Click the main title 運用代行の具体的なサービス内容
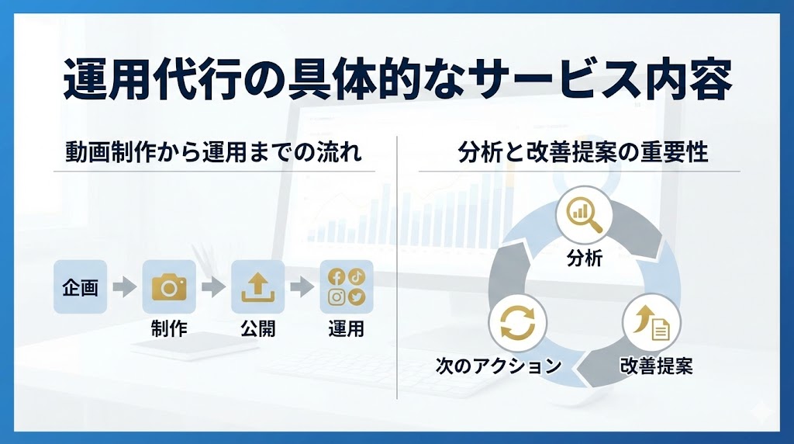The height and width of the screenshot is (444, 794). (x=398, y=80)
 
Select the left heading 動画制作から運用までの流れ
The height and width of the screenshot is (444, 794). (x=214, y=152)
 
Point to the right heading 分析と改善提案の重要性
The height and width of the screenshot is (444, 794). (x=582, y=152)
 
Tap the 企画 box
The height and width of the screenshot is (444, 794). (x=80, y=287)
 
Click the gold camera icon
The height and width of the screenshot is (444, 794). (x=169, y=286)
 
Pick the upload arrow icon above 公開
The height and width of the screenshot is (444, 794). (x=257, y=287)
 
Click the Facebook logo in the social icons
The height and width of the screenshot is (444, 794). (x=337, y=277)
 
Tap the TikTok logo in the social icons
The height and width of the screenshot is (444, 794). (x=357, y=276)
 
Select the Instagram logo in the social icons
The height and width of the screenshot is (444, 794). (x=337, y=297)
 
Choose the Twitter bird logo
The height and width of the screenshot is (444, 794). (x=357, y=297)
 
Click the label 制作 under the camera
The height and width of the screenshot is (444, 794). (x=169, y=329)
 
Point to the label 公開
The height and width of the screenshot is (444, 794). (x=257, y=329)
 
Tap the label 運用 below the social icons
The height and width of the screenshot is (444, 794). (x=347, y=329)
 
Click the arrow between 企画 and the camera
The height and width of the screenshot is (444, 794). (x=125, y=287)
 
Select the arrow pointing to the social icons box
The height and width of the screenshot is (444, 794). (x=302, y=287)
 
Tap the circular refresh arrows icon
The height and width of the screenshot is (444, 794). (x=517, y=323)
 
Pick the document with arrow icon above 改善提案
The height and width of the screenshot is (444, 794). (x=652, y=322)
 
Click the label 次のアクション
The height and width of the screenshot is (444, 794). (x=499, y=365)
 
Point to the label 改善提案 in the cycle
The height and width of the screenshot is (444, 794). (x=656, y=365)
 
